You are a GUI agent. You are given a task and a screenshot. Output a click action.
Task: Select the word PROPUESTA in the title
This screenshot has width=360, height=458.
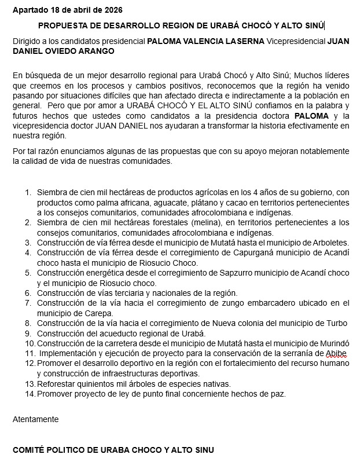tap(60, 25)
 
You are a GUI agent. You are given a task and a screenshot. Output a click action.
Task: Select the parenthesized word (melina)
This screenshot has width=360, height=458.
tap(192, 222)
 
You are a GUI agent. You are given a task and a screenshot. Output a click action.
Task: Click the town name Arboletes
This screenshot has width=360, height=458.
tap(328, 243)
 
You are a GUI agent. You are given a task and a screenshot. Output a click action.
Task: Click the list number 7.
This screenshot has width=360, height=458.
tap(28, 303)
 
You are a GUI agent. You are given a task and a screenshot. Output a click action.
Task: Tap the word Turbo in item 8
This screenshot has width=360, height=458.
tap(336, 323)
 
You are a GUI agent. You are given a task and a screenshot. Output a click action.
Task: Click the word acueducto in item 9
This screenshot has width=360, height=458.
tap(112, 333)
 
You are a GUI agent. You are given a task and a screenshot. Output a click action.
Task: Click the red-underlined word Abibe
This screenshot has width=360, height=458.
tap(336, 353)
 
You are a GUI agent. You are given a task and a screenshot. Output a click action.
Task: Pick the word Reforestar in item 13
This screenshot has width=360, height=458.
tap(57, 383)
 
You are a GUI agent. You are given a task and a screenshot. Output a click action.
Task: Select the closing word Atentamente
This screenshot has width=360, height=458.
tap(35, 419)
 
